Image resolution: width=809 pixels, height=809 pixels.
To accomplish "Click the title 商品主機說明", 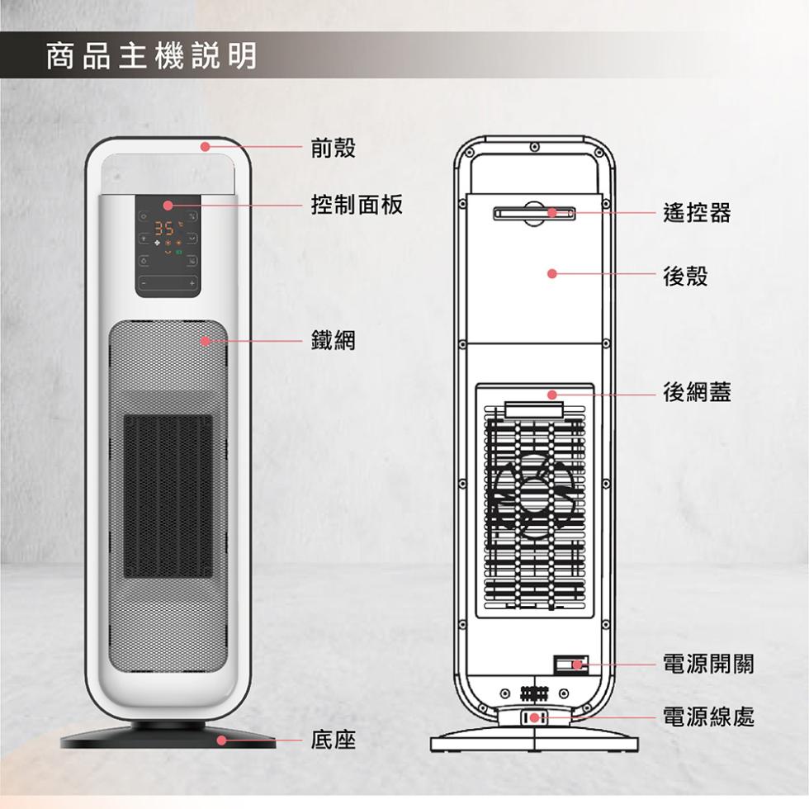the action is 151,56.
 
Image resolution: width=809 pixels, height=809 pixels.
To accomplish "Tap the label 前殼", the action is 334,148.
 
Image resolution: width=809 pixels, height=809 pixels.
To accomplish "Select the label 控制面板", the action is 357,205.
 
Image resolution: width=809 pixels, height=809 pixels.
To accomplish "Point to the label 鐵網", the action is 334,340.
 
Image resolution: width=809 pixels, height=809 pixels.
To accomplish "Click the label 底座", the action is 334,740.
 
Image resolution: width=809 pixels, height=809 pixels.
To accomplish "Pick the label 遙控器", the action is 697,213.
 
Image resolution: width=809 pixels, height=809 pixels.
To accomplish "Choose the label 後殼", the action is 686,276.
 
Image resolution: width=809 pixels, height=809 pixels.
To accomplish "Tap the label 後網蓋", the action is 697,392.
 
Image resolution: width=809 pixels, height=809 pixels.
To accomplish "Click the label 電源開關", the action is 708,664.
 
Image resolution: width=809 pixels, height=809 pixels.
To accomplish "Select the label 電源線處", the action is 708,717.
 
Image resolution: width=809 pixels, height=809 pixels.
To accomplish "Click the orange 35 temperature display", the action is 165,228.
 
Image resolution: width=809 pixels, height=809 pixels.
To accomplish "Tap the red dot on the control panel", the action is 168,206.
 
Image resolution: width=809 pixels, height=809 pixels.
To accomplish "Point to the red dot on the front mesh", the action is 206,341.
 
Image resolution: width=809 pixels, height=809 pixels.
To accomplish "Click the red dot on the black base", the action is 221,740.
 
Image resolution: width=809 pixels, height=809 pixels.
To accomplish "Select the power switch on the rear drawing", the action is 570,665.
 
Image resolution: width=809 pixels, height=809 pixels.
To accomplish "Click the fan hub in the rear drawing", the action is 535,496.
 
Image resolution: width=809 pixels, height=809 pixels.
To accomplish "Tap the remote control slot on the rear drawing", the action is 535,213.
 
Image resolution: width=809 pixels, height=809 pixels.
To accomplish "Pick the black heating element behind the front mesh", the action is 168,496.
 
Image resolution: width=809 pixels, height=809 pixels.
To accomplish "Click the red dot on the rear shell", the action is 552,273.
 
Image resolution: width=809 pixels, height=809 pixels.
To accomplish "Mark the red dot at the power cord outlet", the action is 535,717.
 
